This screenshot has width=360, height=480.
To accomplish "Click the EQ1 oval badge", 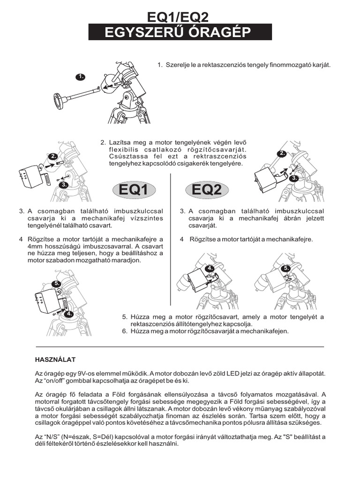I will (134, 189).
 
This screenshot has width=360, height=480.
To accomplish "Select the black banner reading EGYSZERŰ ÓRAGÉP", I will (180, 32).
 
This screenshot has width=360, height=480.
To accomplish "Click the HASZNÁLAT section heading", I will (55, 360).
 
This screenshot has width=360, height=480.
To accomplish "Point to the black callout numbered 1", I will (81, 76).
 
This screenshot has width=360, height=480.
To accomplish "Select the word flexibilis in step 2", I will (123, 150).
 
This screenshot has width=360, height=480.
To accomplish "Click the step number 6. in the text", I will (125, 330).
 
